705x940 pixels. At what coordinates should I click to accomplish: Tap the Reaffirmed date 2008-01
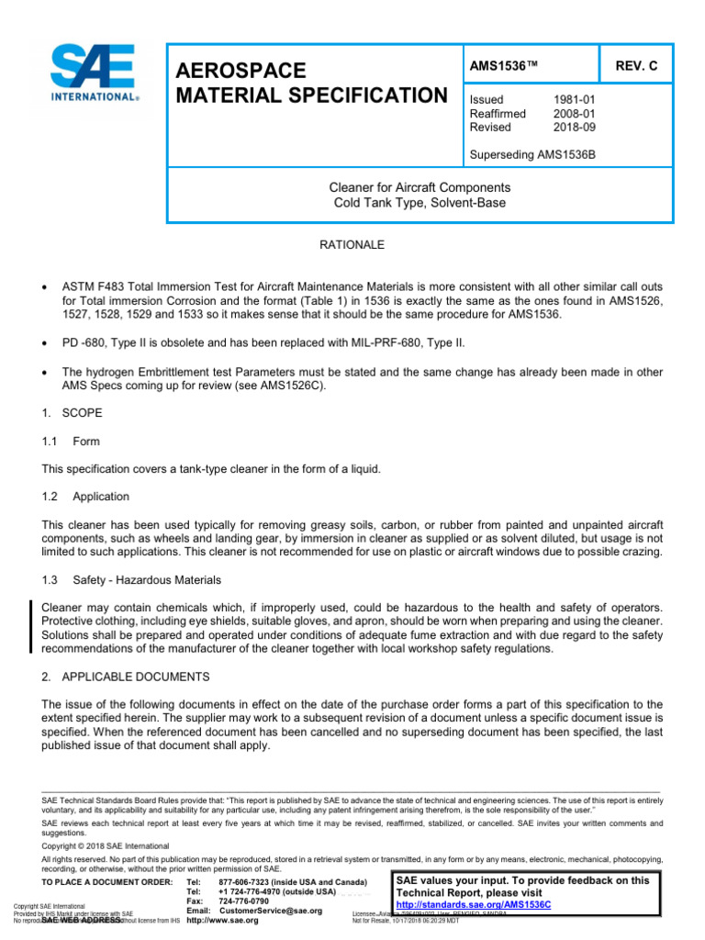(574, 114)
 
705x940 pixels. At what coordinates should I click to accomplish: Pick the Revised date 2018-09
(574, 128)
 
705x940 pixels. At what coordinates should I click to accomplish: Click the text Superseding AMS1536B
(532, 154)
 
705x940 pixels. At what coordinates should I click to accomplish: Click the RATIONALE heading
(351, 245)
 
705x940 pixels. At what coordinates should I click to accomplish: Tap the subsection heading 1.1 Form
(71, 442)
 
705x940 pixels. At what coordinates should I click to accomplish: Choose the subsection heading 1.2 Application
(85, 496)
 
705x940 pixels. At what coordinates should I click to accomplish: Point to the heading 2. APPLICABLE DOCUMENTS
(127, 677)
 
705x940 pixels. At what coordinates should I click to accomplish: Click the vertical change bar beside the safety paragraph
(32, 627)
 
